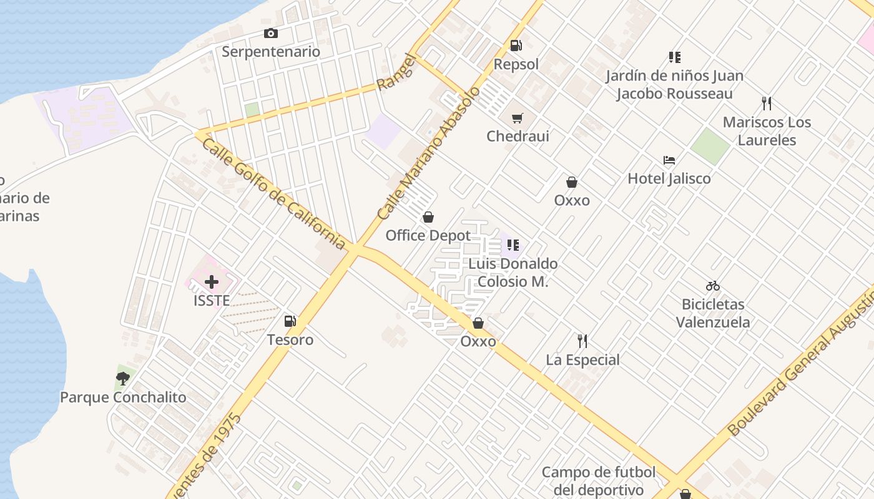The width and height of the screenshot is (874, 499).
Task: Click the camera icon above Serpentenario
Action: coord(270,34)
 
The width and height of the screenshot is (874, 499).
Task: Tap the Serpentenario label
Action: coord(271,52)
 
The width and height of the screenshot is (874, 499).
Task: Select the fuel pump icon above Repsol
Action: coord(516,46)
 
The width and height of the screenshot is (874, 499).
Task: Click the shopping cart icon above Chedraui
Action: coord(517,118)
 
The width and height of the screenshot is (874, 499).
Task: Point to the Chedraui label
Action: coord(518,136)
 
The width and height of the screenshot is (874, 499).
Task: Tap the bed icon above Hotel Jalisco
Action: coord(669,160)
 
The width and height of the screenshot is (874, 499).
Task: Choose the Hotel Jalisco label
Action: coord(669,178)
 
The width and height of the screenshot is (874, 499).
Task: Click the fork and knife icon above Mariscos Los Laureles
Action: coord(767,104)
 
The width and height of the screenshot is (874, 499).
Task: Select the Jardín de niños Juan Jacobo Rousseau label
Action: coord(674,85)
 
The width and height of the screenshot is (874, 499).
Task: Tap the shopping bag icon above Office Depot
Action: coord(428,217)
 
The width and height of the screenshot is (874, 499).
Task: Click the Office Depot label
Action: coord(428,235)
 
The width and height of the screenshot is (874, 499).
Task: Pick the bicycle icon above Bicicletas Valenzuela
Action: coord(713,286)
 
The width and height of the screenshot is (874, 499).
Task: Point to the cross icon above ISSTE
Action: coord(212,282)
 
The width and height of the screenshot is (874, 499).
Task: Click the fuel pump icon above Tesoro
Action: coord(290,321)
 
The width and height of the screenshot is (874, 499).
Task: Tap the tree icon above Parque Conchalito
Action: coord(123,378)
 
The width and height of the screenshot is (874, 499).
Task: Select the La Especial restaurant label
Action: coord(582,360)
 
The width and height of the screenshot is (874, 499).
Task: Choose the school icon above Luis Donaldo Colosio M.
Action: coord(513,245)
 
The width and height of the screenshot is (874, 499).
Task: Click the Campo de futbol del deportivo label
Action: coord(599,481)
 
